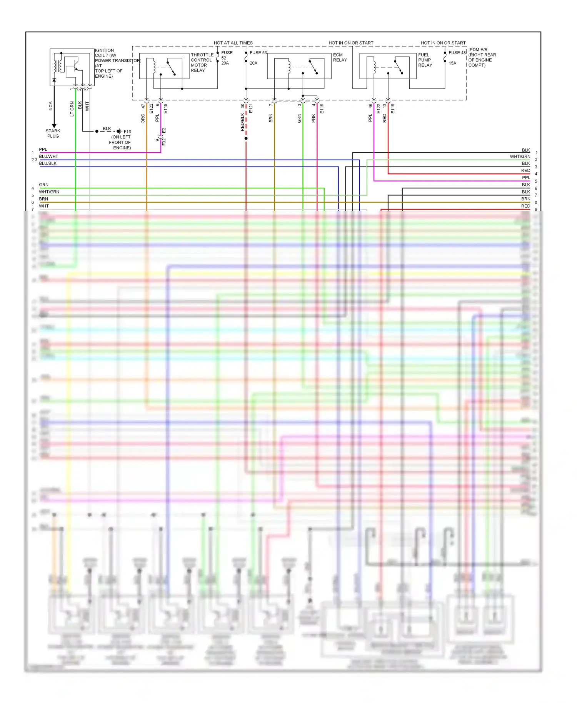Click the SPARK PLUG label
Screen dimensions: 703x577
pos(53,133)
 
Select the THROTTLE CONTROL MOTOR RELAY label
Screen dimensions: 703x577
pos(202,63)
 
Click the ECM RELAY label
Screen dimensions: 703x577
pos(340,57)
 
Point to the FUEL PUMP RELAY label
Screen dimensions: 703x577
pos(425,60)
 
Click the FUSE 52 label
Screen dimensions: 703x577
pos(226,55)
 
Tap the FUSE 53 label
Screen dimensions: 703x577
pos(258,53)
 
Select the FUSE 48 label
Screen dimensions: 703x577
pos(457,53)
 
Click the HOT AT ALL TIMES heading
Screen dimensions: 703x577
pos(233,43)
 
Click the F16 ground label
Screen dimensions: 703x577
pos(127,132)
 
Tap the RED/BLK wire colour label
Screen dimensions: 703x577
pos(242,122)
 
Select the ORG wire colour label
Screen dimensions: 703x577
pos(143,118)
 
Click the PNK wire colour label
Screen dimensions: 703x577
pos(314,118)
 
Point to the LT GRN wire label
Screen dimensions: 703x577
pos(72,109)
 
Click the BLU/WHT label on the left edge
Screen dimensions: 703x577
pos(48,157)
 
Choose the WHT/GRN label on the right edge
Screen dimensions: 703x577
pos(520,157)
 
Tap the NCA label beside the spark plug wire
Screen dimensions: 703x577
pos(50,106)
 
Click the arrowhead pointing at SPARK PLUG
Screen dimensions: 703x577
pos(54,126)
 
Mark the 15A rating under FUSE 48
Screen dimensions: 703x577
pos(452,63)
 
